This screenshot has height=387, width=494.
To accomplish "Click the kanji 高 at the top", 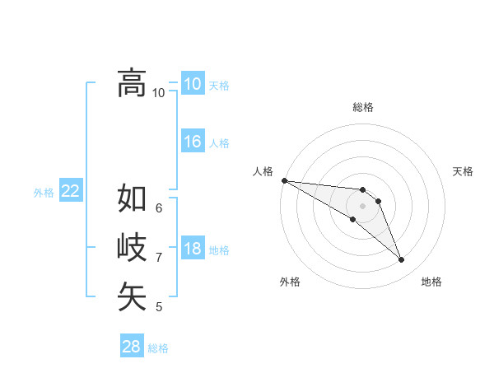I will pyautogui.click(x=132, y=82).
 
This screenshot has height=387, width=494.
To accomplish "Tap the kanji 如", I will pyautogui.click(x=132, y=198).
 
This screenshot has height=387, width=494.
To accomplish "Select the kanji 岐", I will pyautogui.click(x=132, y=247).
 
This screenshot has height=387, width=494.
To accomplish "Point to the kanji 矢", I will pyautogui.click(x=132, y=296).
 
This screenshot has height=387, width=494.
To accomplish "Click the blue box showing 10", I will pyautogui.click(x=193, y=84).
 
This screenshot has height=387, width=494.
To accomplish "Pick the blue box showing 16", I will pyautogui.click(x=193, y=142).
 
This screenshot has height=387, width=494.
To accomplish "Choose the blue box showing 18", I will pyautogui.click(x=193, y=249).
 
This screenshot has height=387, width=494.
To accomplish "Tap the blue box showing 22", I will pyautogui.click(x=71, y=191).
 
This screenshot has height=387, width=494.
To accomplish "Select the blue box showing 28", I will pyautogui.click(x=132, y=347).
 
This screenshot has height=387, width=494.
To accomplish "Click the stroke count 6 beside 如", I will pyautogui.click(x=159, y=207).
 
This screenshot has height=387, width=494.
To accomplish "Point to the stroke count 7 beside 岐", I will pyautogui.click(x=159, y=258).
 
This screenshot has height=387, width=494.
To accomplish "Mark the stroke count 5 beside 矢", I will pyautogui.click(x=159, y=307).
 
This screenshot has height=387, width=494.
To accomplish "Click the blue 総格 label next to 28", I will pyautogui.click(x=158, y=348).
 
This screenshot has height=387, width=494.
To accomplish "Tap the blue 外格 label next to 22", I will pyautogui.click(x=44, y=193).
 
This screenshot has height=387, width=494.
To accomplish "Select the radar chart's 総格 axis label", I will pyautogui.click(x=363, y=107).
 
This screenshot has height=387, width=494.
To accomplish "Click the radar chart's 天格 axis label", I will pyautogui.click(x=464, y=171).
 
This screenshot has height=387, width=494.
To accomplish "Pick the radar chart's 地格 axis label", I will pyautogui.click(x=431, y=282).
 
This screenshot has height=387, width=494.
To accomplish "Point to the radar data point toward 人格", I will pyautogui.click(x=284, y=180).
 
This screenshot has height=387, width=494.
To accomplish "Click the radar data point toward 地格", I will pyautogui.click(x=402, y=260).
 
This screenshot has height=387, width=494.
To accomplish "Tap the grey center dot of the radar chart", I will pyautogui.click(x=363, y=206).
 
